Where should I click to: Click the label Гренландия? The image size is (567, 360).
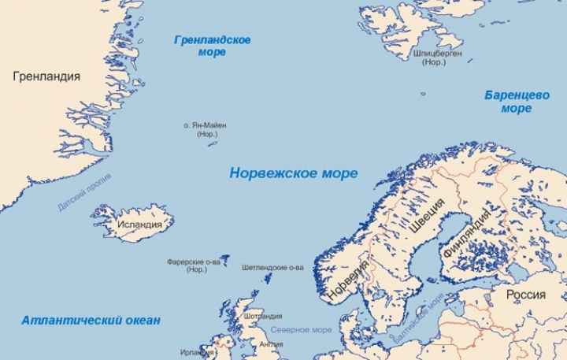[46, 76]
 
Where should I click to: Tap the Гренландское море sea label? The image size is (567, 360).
[213, 46]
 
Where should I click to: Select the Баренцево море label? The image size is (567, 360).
[517, 102]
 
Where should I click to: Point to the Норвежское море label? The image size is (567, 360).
[293, 173]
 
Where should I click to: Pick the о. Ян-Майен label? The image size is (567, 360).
[207, 128]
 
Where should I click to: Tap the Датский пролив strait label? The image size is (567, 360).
[84, 192]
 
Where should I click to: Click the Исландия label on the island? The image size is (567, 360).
[139, 224]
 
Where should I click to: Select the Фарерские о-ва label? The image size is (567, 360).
[193, 265]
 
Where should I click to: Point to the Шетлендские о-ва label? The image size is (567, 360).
[272, 267]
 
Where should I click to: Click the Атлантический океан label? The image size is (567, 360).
[91, 321]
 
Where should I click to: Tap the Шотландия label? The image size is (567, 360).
[263, 316]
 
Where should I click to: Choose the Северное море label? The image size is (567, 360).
[301, 329]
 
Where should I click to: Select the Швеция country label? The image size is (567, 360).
[427, 217]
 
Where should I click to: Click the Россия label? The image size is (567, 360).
[525, 295]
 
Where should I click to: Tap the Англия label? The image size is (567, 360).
[270, 343]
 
